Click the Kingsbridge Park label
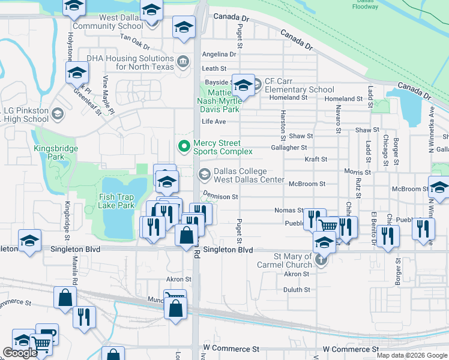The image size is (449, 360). pos(49,152)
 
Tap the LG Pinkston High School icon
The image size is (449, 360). pos(58,114)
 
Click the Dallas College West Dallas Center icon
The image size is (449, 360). pos(204,175)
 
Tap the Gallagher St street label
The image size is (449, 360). pos(289,148)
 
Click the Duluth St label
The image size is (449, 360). pos(298,289)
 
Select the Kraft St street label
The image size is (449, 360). pos(316,160)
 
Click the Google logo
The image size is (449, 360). pos(20,353)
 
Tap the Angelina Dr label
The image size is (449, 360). pos(219,54)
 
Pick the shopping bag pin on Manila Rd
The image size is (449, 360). pos(65,298)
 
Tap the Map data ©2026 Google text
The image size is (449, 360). pos(412,355)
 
